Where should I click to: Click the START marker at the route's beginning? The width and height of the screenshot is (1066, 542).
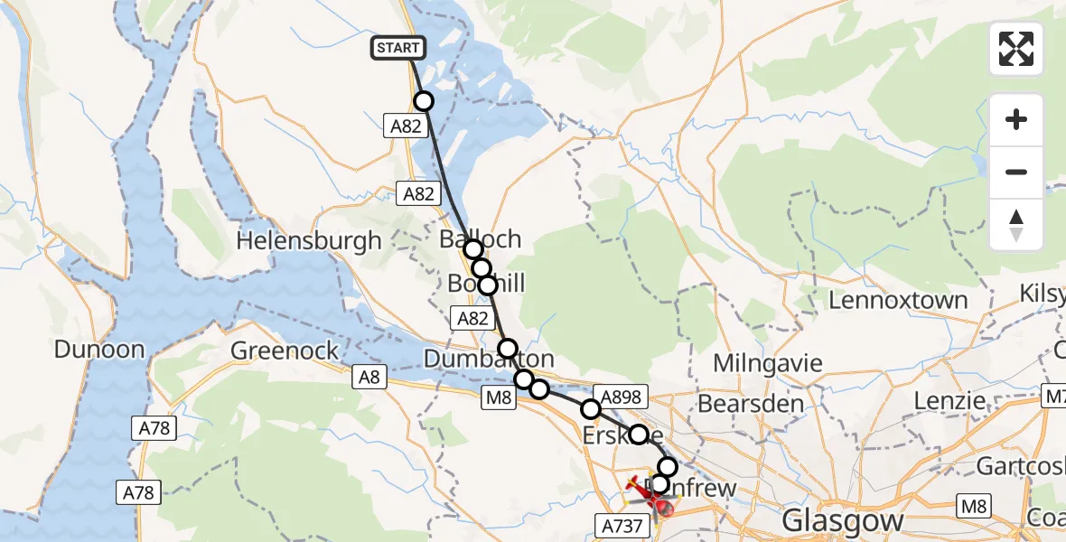[398, 48]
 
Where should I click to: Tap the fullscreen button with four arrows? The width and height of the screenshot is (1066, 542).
[1016, 49]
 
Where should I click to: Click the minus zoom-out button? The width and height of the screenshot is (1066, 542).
[1016, 172]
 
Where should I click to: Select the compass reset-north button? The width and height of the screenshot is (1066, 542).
[1016, 225]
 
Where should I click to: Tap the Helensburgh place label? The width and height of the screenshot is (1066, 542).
[309, 241]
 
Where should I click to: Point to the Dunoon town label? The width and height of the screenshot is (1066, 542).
[99, 350]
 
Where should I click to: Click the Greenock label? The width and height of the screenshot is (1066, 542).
[285, 350]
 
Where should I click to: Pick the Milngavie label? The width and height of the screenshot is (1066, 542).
[768, 363]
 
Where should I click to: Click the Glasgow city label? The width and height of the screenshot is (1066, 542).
[843, 520]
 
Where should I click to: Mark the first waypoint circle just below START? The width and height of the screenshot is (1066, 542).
[423, 101]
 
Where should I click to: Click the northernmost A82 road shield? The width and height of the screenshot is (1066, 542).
[406, 126]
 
